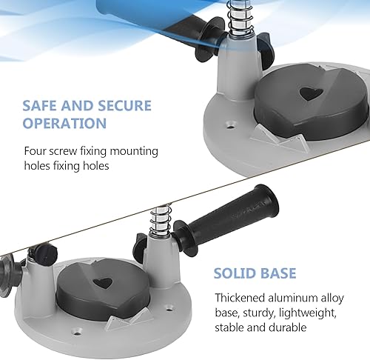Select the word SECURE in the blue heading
click(x=125, y=106)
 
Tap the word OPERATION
click(x=64, y=123)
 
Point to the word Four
click(x=35, y=151)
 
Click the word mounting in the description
click(x=134, y=152)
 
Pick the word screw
click(x=63, y=152)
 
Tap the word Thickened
click(x=240, y=298)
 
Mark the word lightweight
click(x=308, y=313)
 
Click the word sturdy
click(x=259, y=313)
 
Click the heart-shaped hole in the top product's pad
click(x=312, y=94)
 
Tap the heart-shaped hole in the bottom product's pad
click(x=103, y=283)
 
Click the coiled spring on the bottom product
click(x=160, y=221)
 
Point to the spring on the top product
click(x=240, y=18)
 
